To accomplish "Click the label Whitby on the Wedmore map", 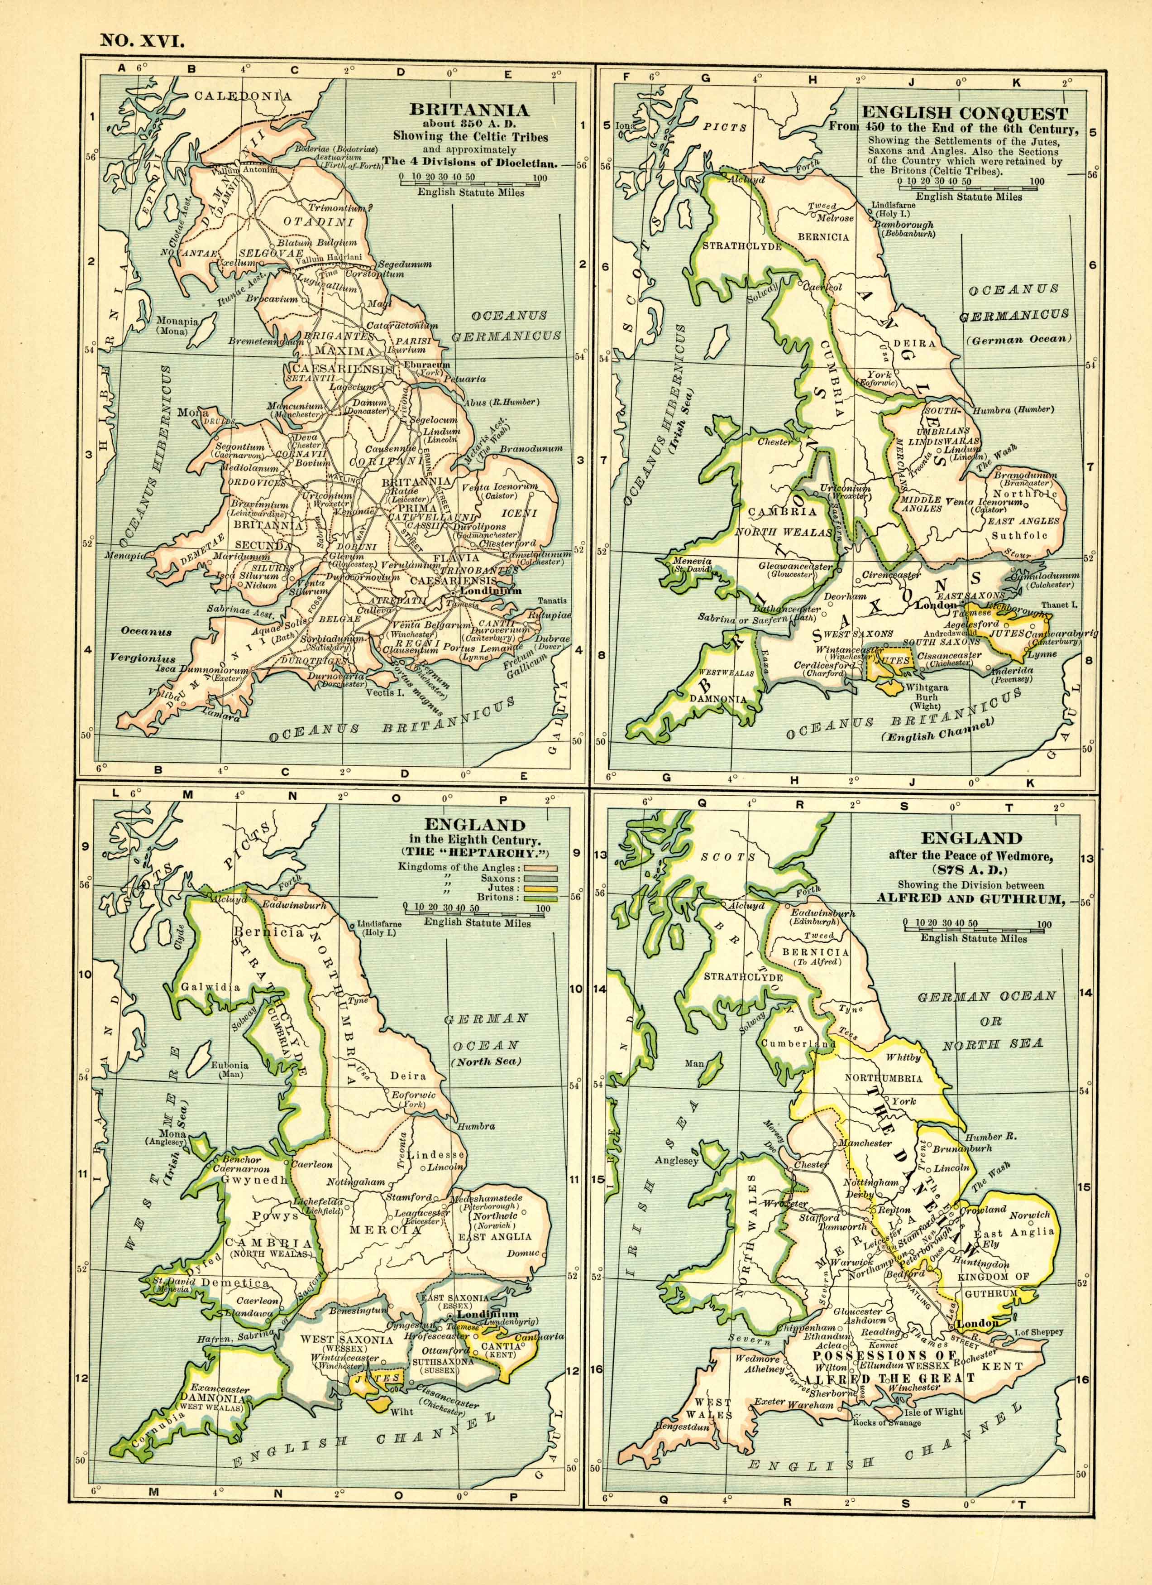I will coord(903,1057).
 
